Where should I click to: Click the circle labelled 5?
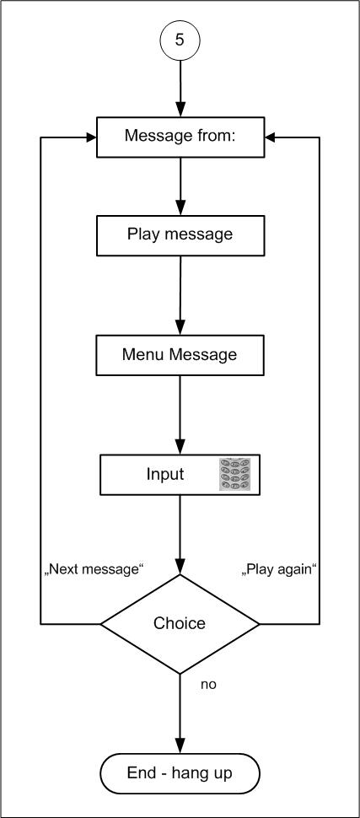[180, 40]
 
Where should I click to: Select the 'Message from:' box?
[180, 137]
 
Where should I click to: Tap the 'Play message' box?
[180, 234]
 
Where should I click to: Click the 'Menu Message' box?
[180, 355]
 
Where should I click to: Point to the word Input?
[165, 474]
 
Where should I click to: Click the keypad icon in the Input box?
[239, 474]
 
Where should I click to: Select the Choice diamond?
[180, 623]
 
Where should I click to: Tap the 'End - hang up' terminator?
[180, 773]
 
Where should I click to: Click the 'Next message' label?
[94, 569]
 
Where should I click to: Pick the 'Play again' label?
[280, 569]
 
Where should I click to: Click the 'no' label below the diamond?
[208, 685]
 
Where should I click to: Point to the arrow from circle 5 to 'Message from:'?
[180, 89]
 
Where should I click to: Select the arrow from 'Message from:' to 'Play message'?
[180, 186]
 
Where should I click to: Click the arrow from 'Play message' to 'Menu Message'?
[180, 295]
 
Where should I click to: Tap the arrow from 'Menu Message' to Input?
[180, 415]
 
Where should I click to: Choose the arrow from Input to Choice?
[180, 534]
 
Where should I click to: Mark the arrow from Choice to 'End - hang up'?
[180, 713]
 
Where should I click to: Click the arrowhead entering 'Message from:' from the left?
[91, 137]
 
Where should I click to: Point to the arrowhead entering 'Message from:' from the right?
[271, 137]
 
